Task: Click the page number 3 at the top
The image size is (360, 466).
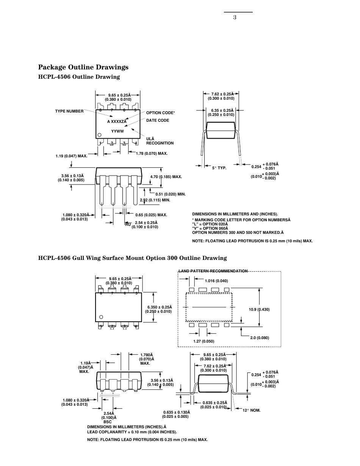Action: (235, 17)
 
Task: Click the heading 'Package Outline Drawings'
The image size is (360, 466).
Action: (83, 67)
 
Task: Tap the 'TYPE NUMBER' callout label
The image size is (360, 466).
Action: (69, 111)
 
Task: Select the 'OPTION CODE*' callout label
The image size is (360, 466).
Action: (160, 113)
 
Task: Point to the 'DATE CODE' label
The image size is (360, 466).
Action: (158, 120)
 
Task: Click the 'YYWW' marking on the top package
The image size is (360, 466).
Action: (117, 131)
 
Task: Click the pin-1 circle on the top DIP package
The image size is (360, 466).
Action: (99, 135)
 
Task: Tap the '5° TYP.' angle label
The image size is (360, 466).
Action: (219, 168)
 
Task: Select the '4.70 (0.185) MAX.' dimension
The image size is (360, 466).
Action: (166, 177)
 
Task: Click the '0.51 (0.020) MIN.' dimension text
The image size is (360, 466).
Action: (170, 194)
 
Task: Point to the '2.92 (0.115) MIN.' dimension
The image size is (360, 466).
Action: (155, 200)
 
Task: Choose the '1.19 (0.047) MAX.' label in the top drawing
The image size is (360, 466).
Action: (71, 156)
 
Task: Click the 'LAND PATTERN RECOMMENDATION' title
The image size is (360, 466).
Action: (213, 271)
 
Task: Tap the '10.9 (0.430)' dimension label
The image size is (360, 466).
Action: (259, 310)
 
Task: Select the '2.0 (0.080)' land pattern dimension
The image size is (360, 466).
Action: (260, 338)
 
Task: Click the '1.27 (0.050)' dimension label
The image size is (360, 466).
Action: (204, 341)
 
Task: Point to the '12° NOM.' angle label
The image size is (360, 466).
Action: (252, 410)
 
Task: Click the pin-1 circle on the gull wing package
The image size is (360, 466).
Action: (101, 317)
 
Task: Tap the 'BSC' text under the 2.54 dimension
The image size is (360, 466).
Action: (108, 422)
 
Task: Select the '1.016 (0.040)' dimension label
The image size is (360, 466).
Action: (216, 281)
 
